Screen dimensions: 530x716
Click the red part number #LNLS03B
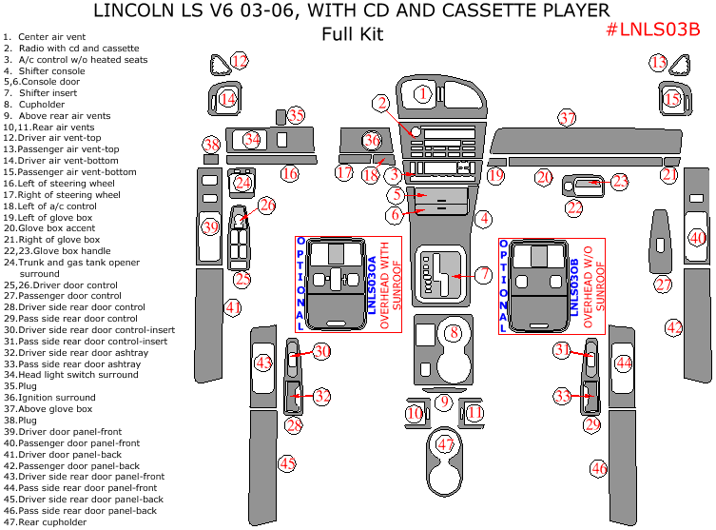pyautogui.click(x=652, y=29)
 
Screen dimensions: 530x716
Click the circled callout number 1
pyautogui.click(x=423, y=93)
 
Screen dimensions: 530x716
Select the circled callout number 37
pyautogui.click(x=568, y=118)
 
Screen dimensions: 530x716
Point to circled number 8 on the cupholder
pyautogui.click(x=455, y=332)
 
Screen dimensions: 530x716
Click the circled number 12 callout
pyautogui.click(x=240, y=62)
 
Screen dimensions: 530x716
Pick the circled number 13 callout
pyautogui.click(x=658, y=63)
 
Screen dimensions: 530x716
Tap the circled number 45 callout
pyautogui.click(x=287, y=463)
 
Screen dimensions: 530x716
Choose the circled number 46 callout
pyautogui.click(x=598, y=468)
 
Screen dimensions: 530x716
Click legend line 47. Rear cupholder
pyautogui.click(x=46, y=521)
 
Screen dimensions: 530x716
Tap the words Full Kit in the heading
pyautogui.click(x=352, y=35)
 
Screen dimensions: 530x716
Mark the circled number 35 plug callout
pyautogui.click(x=297, y=115)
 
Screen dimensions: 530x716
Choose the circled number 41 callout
pyautogui.click(x=232, y=307)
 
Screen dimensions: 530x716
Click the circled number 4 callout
pyautogui.click(x=483, y=219)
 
